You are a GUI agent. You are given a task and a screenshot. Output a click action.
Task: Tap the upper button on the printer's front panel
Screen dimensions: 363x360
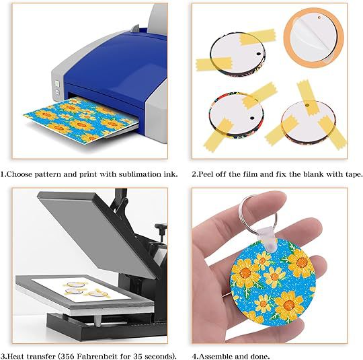(x=56, y=83)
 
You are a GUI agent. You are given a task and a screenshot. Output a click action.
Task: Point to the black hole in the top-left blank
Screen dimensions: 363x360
(x=259, y=54)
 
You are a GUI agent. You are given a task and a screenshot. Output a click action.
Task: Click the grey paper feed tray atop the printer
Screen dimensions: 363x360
(x=157, y=20)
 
